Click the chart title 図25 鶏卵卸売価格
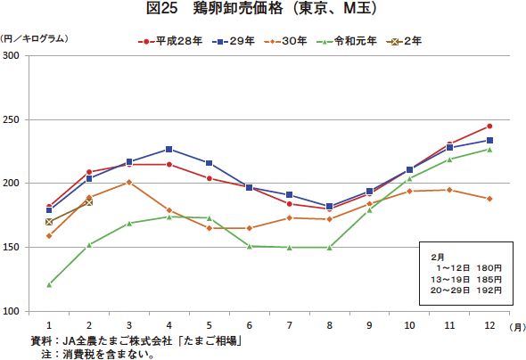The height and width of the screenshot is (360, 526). pyautogui.click(x=262, y=10)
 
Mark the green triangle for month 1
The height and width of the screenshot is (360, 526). pyautogui.click(x=49, y=284)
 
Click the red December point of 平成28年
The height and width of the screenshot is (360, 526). pyautogui.click(x=489, y=126)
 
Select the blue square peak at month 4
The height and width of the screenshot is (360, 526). pyautogui.click(x=169, y=149)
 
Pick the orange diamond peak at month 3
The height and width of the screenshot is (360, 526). pyautogui.click(x=129, y=182)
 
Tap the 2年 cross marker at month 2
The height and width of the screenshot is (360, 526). pyautogui.click(x=89, y=202)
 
